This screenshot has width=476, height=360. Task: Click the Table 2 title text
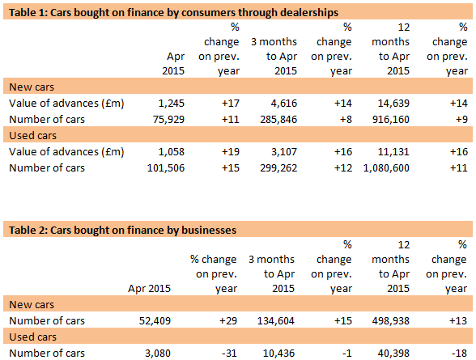coord(122,230)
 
